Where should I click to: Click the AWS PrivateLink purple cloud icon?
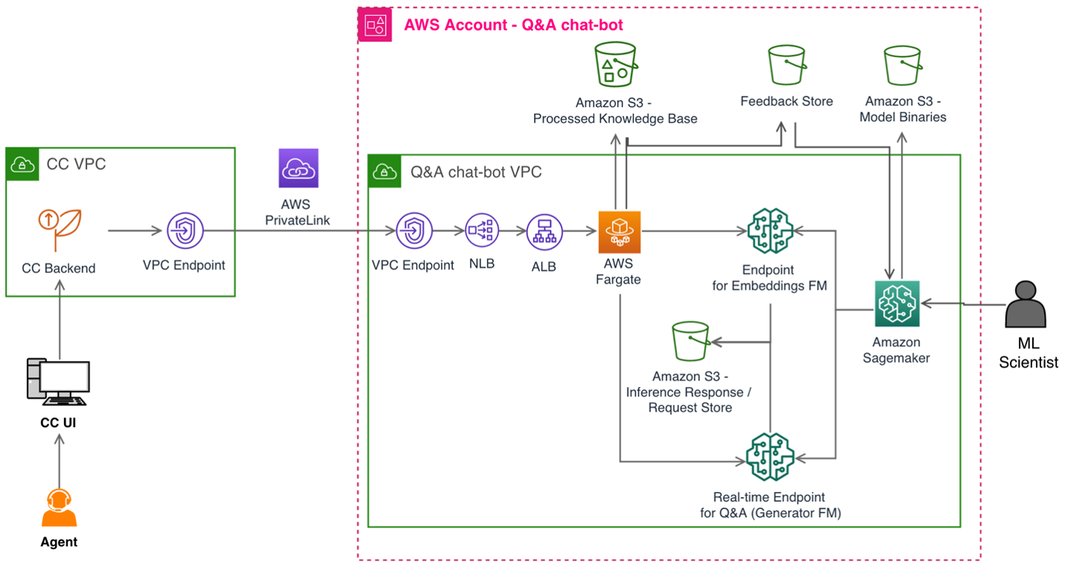(298, 168)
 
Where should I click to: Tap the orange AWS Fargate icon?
(619, 231)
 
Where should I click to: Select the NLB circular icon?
(482, 231)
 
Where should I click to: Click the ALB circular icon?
(544, 231)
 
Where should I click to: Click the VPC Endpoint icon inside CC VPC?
(184, 231)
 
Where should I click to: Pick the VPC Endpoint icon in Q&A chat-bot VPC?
(413, 231)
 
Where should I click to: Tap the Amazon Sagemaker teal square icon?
(897, 303)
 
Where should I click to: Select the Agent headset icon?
(58, 508)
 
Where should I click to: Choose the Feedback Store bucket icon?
(786, 65)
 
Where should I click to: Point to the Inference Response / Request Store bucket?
(690, 342)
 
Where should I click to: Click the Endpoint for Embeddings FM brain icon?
(770, 231)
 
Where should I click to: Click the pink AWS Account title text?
(513, 25)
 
